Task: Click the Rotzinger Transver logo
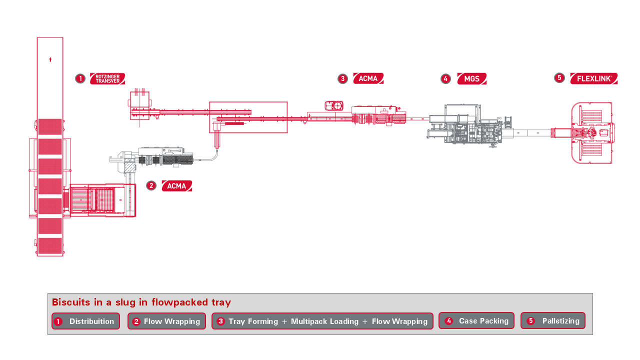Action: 107,78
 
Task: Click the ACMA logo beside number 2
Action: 176,186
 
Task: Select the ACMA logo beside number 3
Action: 368,78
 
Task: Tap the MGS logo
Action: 471,79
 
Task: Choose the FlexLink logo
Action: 593,78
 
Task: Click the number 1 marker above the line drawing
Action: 80,78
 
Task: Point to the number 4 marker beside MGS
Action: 445,79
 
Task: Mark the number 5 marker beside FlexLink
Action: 559,78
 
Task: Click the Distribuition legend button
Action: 85,321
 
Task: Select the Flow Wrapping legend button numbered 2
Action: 166,321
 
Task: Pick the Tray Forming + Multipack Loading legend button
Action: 322,321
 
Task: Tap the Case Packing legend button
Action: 476,320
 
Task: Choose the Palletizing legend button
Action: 552,320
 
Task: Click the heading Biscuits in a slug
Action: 141,302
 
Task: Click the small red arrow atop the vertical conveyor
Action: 50,60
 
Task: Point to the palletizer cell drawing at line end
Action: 592,132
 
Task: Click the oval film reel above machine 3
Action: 334,105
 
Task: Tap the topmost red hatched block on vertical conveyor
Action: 50,126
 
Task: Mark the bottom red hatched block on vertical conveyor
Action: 50,245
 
